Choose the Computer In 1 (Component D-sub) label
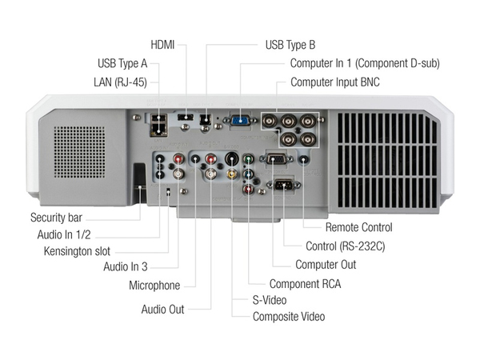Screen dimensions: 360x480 (x=365, y=62)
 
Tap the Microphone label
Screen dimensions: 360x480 (x=154, y=286)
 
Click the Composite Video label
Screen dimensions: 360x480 (x=289, y=317)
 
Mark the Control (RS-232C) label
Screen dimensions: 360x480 (x=346, y=246)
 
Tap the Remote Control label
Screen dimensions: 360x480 (x=358, y=227)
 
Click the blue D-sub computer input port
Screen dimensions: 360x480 (x=239, y=120)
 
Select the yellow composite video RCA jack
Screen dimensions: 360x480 (x=232, y=172)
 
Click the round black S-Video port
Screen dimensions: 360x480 (x=232, y=158)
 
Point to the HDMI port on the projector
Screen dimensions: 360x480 (x=186, y=118)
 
